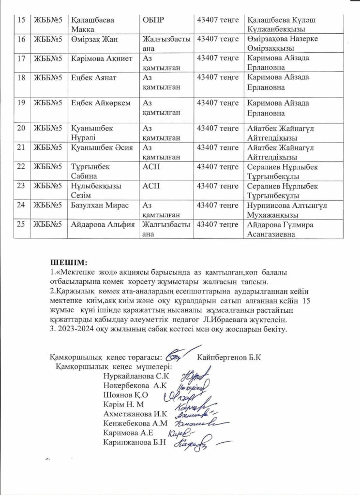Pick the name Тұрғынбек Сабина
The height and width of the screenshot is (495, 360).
coord(90,171)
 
